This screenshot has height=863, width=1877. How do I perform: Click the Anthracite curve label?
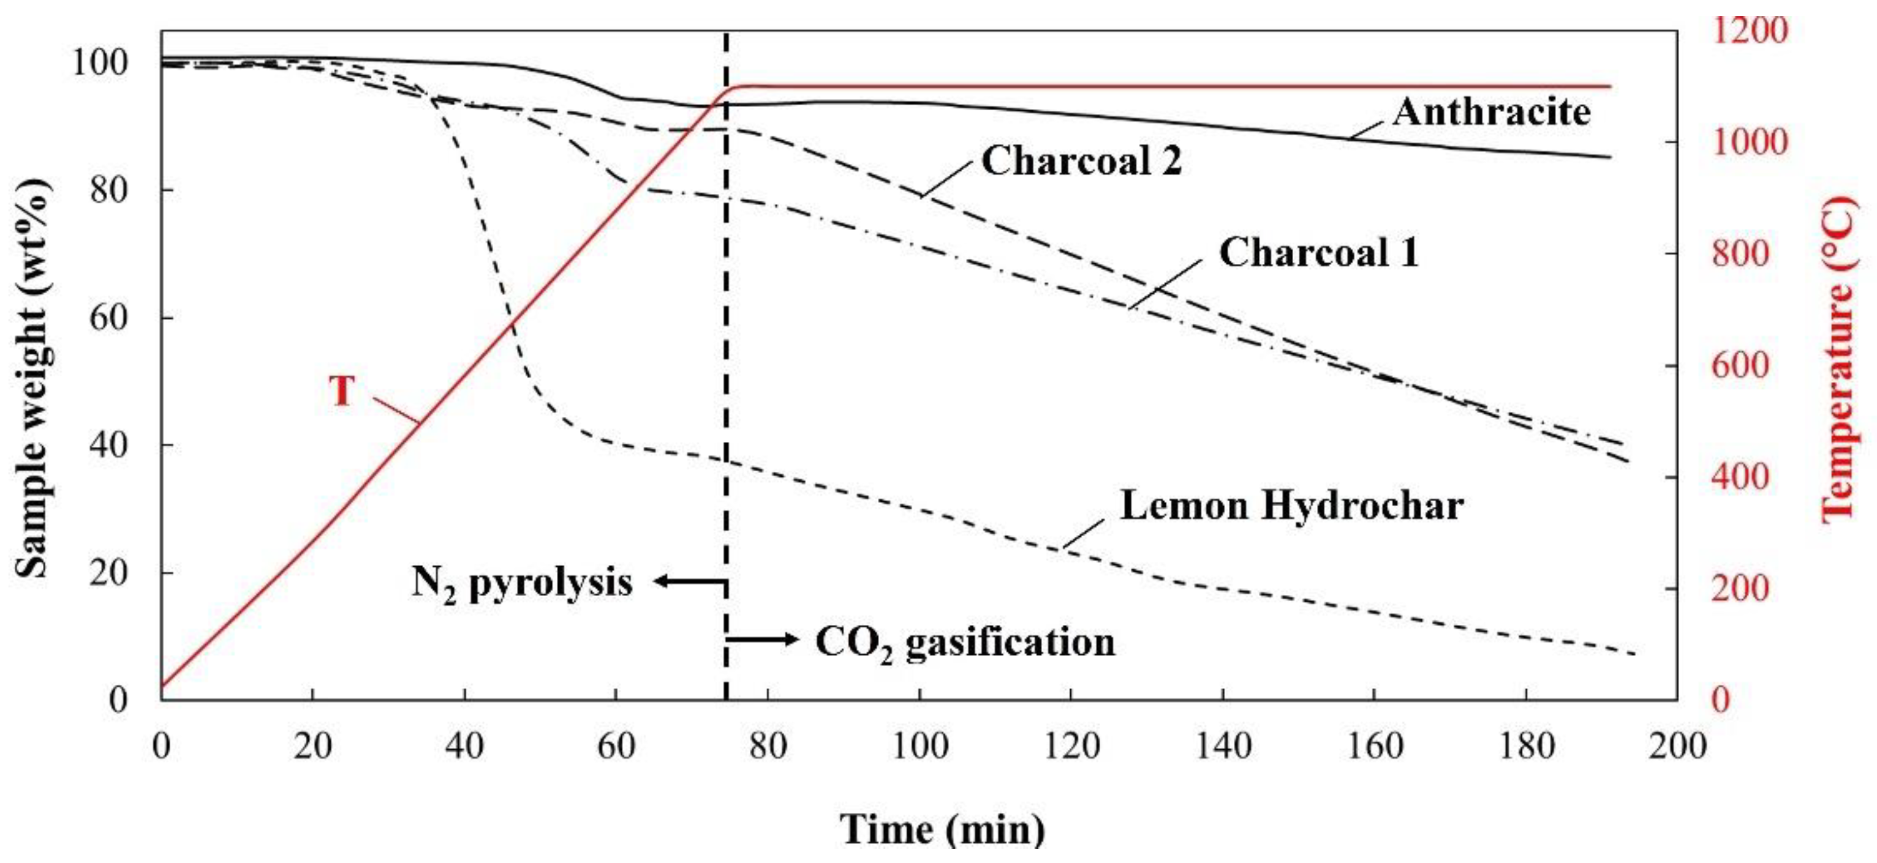click(x=1491, y=113)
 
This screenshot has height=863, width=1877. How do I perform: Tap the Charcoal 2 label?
click(x=1081, y=161)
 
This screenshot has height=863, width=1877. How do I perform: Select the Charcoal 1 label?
click(x=1319, y=253)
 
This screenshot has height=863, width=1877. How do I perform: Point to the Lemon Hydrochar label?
click(x=1291, y=506)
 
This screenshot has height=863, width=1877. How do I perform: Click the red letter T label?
click(x=342, y=391)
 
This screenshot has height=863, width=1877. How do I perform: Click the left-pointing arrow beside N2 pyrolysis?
click(x=689, y=581)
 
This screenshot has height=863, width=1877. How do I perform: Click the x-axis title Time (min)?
click(x=942, y=829)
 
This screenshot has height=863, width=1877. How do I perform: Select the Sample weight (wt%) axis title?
click(x=33, y=379)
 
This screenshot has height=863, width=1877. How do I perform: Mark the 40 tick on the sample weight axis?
click(x=108, y=445)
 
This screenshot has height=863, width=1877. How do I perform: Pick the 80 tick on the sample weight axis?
click(x=108, y=190)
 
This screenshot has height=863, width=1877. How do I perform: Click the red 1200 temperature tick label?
click(x=1750, y=31)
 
